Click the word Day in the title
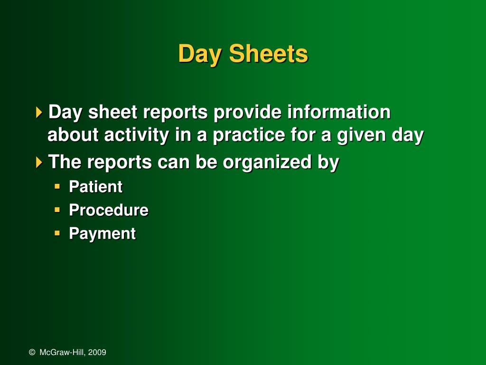point(199,54)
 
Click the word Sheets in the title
point(268,54)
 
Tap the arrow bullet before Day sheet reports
point(39,113)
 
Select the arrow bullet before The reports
point(39,163)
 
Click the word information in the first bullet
point(339,113)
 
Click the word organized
point(267,163)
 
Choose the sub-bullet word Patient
point(95,187)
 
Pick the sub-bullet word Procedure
point(108,210)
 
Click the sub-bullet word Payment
point(102,233)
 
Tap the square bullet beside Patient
point(57,186)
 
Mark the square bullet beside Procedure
point(57,210)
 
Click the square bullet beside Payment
point(57,233)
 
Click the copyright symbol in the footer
point(32,352)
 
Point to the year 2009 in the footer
point(97,352)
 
